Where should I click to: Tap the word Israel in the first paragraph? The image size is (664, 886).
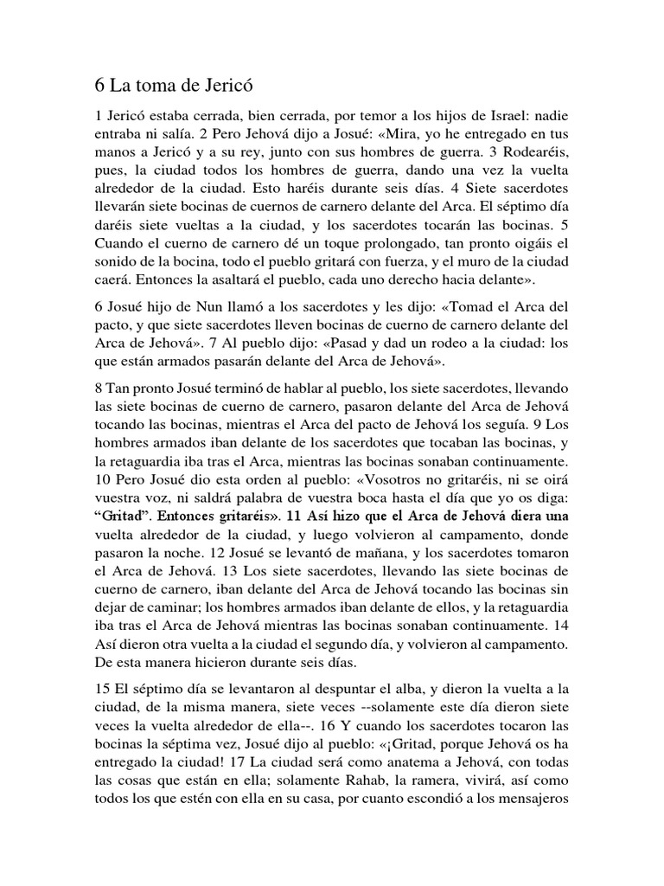click(501, 117)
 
